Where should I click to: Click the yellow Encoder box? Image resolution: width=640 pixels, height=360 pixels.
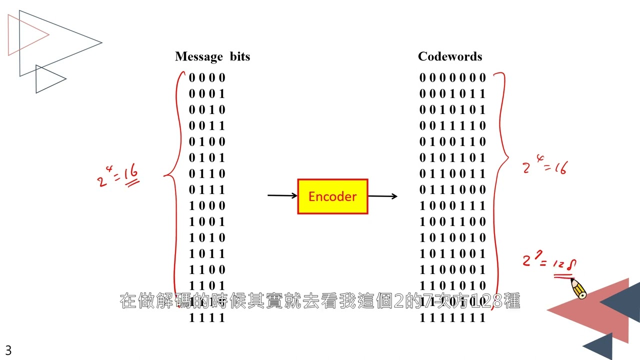click(x=332, y=196)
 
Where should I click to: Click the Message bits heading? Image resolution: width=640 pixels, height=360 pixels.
click(x=212, y=56)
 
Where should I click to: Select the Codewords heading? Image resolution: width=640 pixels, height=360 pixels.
click(x=450, y=56)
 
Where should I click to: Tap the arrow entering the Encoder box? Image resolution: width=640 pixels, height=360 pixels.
click(x=282, y=195)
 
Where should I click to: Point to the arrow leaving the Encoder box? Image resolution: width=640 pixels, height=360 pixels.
click(x=382, y=196)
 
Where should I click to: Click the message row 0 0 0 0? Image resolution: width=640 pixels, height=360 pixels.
click(x=207, y=77)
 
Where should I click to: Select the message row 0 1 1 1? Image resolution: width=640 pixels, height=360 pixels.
click(x=207, y=189)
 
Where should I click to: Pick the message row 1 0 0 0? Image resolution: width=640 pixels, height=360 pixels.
click(x=207, y=205)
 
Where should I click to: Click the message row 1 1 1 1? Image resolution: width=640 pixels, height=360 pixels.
click(x=207, y=317)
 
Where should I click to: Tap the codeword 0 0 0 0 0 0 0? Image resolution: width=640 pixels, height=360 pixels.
click(x=452, y=77)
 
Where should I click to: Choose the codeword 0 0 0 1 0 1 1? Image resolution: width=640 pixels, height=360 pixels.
click(x=452, y=93)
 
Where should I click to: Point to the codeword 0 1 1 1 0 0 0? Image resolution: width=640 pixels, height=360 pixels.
click(x=452, y=189)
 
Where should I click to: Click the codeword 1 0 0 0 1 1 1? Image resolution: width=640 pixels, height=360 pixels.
click(x=452, y=205)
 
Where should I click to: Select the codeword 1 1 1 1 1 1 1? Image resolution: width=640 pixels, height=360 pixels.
click(x=452, y=317)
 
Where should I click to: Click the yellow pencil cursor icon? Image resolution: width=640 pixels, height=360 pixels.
click(x=578, y=289)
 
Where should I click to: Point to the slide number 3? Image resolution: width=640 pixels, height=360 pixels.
click(x=8, y=350)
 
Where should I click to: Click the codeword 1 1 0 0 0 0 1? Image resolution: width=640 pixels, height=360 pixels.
click(x=452, y=269)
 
